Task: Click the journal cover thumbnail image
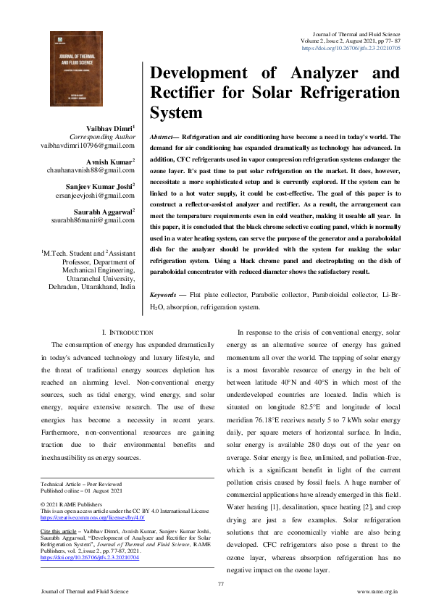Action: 76,75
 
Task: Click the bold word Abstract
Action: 164,136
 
